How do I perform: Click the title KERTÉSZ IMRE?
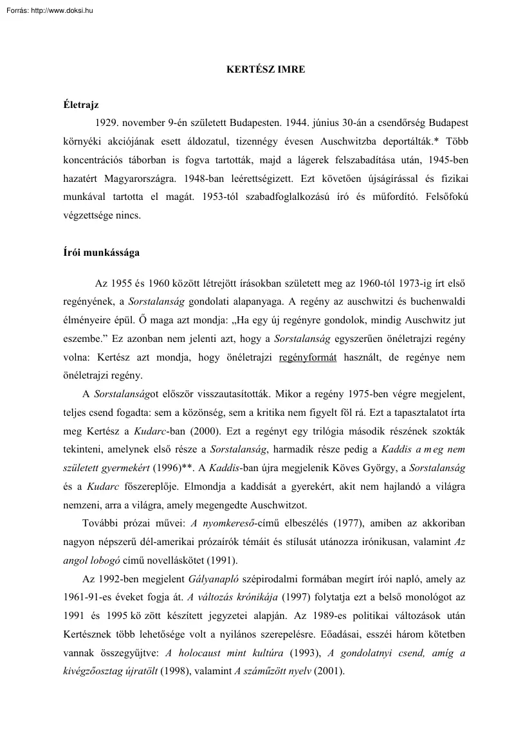tap(266, 69)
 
